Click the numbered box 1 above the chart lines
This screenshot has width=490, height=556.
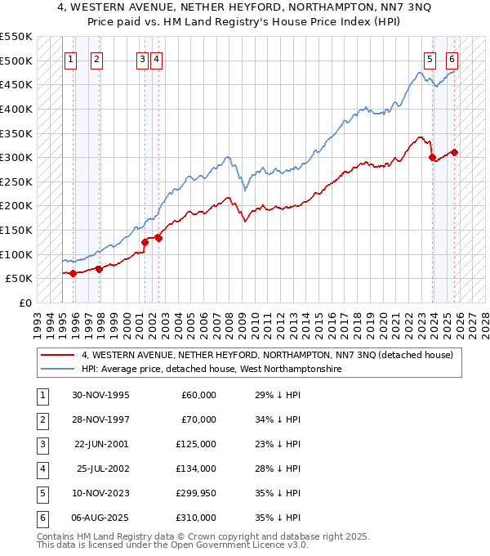point(70,59)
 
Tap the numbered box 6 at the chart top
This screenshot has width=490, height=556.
point(452,59)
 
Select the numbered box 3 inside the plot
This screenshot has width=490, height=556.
point(142,59)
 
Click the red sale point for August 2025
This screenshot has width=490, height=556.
point(455,152)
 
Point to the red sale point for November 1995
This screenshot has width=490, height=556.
point(73,273)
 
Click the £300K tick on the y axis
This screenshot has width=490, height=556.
point(17,157)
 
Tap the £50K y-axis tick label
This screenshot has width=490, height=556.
point(20,279)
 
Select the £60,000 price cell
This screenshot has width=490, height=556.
point(198,395)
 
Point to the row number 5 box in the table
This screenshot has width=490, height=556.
point(42,493)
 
